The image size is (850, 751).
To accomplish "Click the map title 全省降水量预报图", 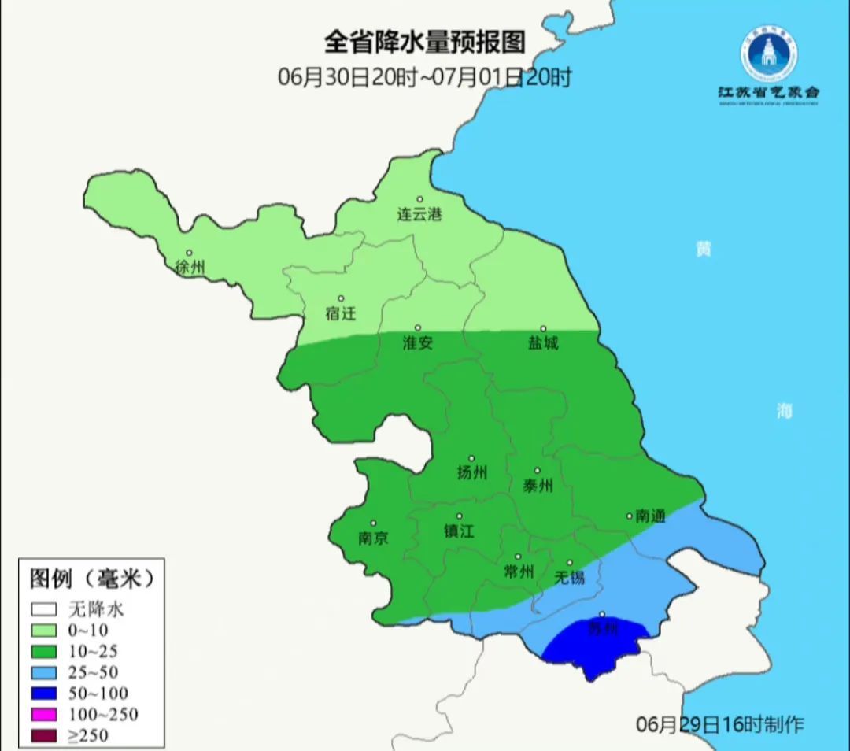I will [424, 41].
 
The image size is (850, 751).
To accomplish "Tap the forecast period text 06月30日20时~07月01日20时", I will [424, 77].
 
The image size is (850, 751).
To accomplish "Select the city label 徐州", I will [190, 268].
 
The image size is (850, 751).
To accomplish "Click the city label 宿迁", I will [341, 313].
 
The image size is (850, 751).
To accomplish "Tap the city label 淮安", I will [417, 343].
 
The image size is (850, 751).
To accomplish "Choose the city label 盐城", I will [542, 343].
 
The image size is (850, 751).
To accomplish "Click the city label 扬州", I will [471, 472].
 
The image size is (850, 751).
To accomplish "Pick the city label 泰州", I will [538, 486].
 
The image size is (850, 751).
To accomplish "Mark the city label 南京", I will [373, 538].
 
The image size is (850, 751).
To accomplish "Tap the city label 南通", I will [650, 516].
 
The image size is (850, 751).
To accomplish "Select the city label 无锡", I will [570, 578].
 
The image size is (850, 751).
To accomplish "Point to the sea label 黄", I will [703, 250].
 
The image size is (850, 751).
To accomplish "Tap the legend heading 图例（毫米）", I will [92, 579].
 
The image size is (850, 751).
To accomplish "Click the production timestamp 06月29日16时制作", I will [719, 724].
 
